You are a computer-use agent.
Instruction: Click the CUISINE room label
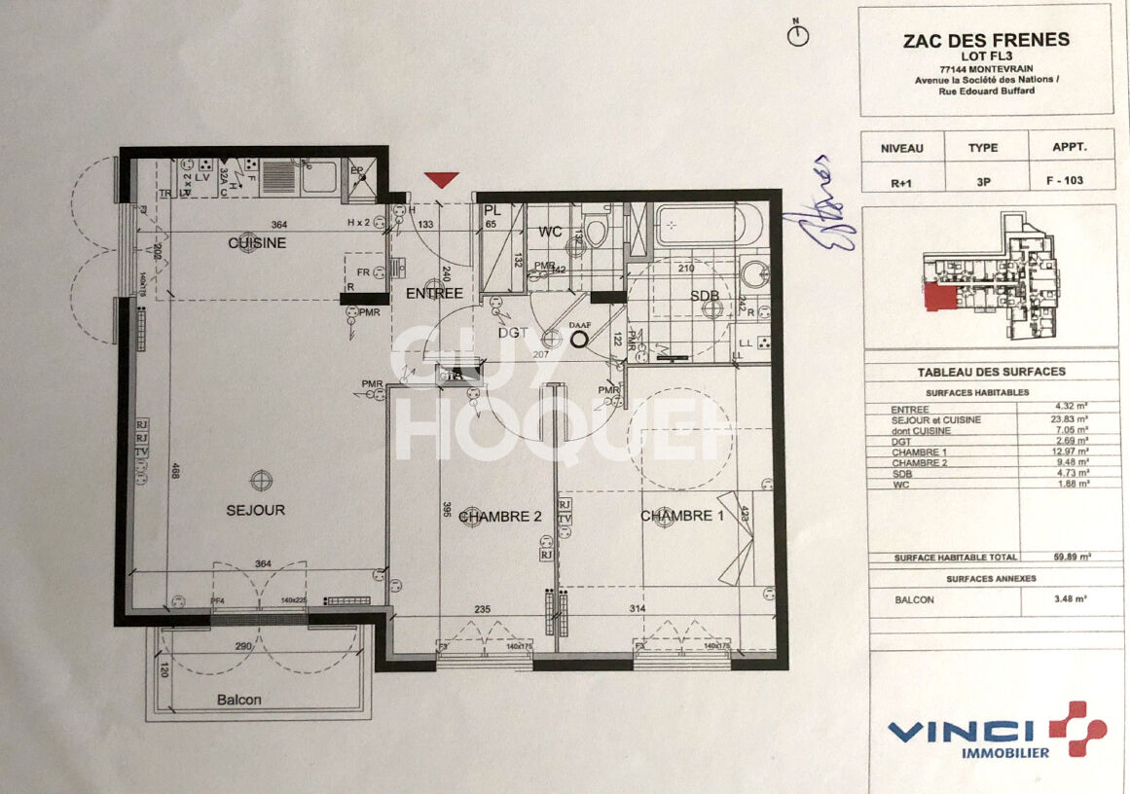click(257, 242)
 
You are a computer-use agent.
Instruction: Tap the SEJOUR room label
click(256, 510)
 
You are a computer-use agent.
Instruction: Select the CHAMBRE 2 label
click(499, 517)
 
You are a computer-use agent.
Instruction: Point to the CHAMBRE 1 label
click(681, 516)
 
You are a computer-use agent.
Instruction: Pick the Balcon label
click(238, 700)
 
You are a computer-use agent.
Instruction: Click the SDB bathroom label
click(705, 295)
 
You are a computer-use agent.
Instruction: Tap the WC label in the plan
click(552, 233)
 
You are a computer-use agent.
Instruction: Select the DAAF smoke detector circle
click(581, 340)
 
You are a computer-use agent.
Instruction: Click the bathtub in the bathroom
click(701, 226)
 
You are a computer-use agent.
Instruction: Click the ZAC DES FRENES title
click(987, 40)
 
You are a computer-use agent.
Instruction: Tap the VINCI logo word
click(961, 732)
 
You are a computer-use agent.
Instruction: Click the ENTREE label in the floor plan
click(434, 293)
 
